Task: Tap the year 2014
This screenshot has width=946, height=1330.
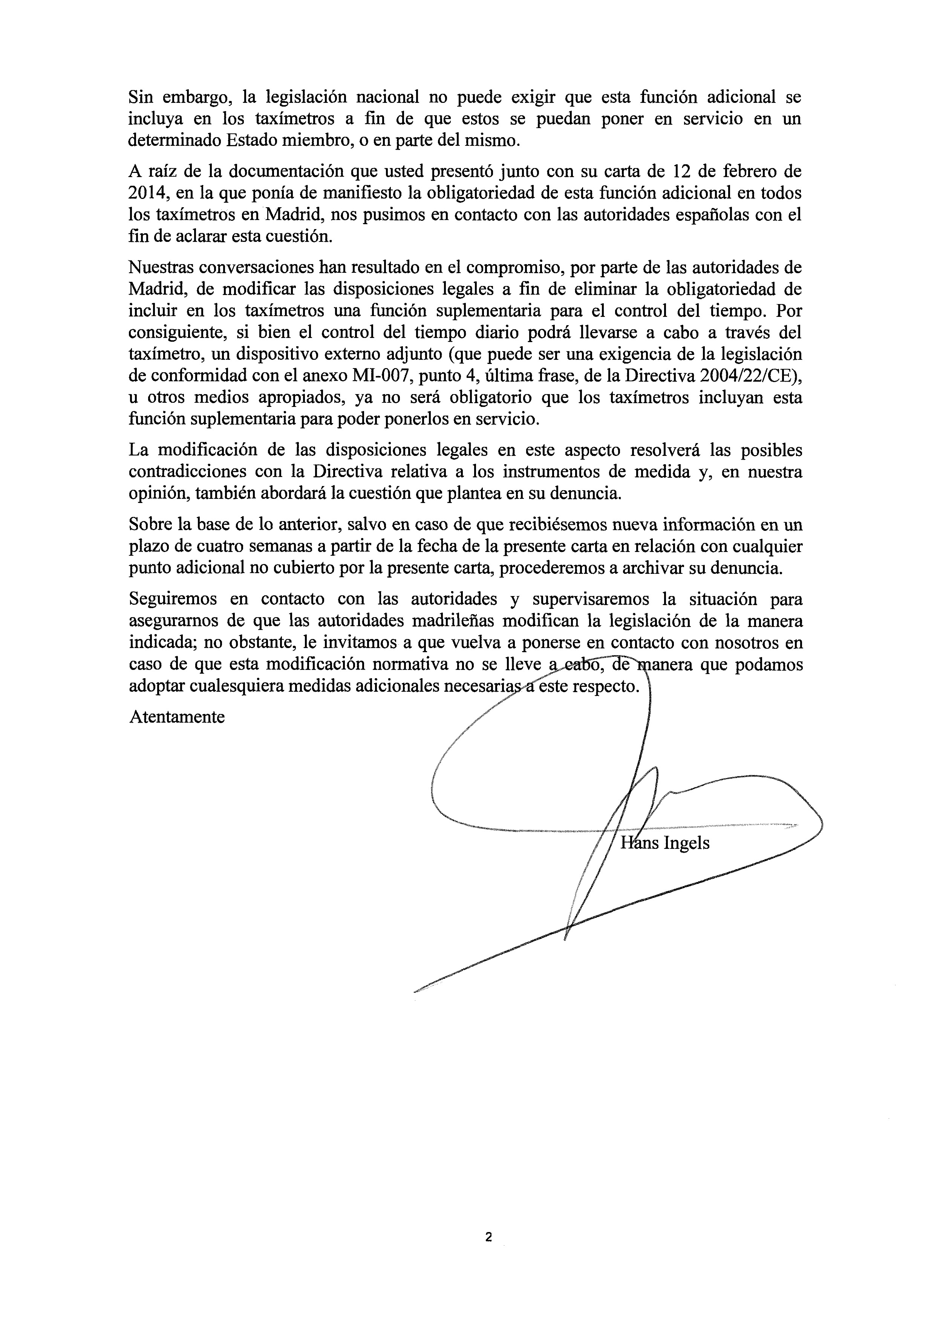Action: [x=146, y=193]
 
